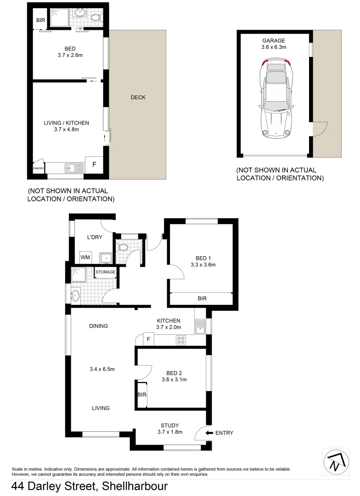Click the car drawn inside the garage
pyautogui.click(x=276, y=99)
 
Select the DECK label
pyautogui.click(x=138, y=97)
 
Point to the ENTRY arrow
pyautogui.click(x=210, y=433)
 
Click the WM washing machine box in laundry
pyautogui.click(x=85, y=258)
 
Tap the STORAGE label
pyautogui.click(x=105, y=272)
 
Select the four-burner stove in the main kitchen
pyautogui.click(x=181, y=340)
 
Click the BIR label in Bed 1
pyautogui.click(x=202, y=299)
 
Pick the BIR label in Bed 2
pyautogui.click(x=141, y=395)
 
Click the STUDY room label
pyautogui.click(x=169, y=425)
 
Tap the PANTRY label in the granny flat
pyautogui.click(x=38, y=169)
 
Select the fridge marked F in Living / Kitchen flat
pyautogui.click(x=95, y=164)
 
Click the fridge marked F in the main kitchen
pyautogui.click(x=148, y=339)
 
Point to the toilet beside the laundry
pyautogui.click(x=123, y=248)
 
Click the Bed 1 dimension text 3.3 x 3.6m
pyautogui.click(x=203, y=265)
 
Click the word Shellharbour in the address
pyautogui.click(x=135, y=486)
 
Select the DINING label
pyautogui.click(x=98, y=326)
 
